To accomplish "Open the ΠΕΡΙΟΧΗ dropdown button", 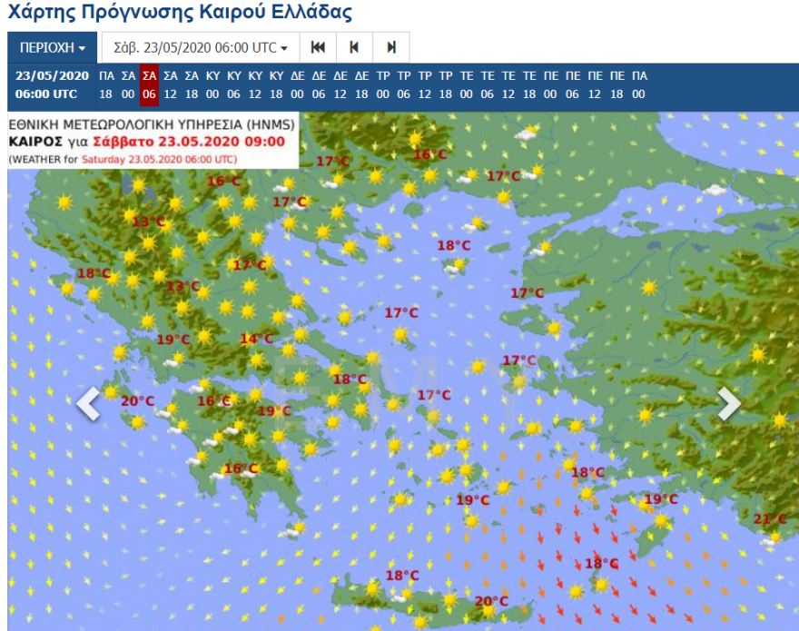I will tap(52, 47).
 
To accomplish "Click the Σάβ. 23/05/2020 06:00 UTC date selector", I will tap(200, 47).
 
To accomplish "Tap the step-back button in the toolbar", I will tap(354, 47).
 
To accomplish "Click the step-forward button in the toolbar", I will tap(390, 47).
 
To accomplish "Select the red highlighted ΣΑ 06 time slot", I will tap(149, 84).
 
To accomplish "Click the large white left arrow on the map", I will tap(88, 404).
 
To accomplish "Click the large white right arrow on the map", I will tap(729, 404).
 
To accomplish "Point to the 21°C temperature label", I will tap(770, 518).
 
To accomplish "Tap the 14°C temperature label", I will tap(256, 339).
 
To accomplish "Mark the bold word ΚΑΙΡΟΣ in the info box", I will tap(35, 142).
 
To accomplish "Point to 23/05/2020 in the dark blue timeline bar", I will tap(52, 75).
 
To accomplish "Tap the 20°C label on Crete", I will tap(490, 600).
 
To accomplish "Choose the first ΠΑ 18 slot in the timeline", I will tap(106, 84).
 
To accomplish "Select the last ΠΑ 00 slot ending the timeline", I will tap(639, 84).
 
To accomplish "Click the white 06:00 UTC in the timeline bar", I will tap(52, 94).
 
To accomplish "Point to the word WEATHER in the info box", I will tap(36, 159).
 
